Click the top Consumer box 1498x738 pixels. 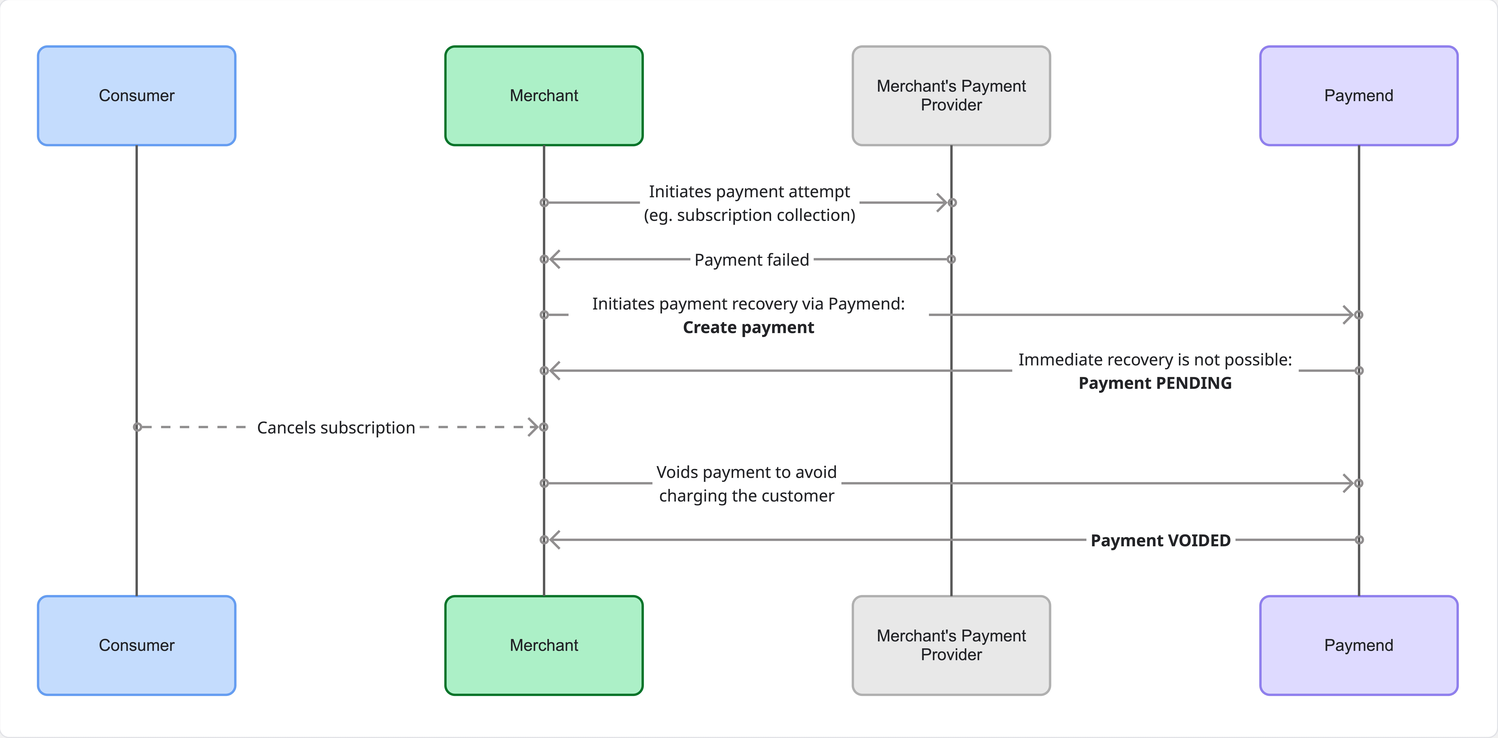(137, 96)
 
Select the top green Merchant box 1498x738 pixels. (544, 96)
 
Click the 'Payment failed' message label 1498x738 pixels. (751, 259)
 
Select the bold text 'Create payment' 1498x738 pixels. (748, 327)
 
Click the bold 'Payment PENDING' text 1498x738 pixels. (1155, 383)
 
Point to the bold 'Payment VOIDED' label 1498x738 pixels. (1160, 540)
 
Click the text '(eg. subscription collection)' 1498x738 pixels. (749, 215)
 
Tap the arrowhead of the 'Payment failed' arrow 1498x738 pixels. (554, 259)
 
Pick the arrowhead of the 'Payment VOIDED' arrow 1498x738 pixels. (554, 540)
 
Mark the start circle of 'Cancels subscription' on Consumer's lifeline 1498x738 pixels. (137, 427)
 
